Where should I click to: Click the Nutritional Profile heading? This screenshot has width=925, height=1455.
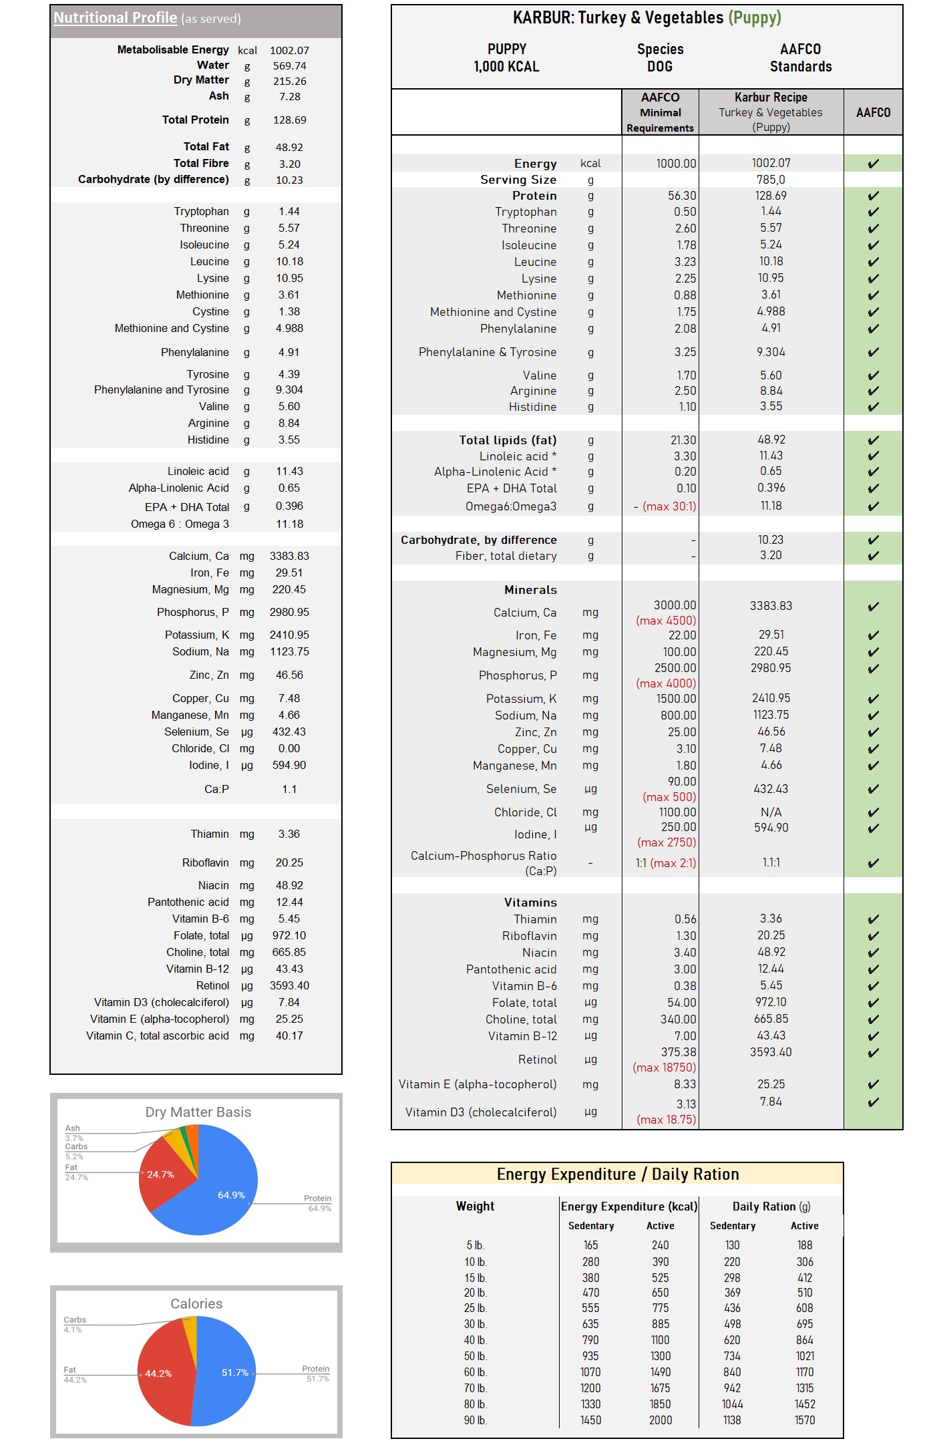(x=116, y=18)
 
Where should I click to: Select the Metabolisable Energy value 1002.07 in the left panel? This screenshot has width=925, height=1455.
(x=289, y=50)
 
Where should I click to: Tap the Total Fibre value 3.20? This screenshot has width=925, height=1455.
(x=289, y=164)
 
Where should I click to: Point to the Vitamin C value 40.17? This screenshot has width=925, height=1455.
(x=289, y=1035)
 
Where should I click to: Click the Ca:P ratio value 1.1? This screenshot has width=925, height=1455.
(x=289, y=789)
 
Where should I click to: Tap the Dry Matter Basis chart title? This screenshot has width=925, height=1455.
(x=198, y=1112)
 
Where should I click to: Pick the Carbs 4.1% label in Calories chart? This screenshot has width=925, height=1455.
(x=74, y=1324)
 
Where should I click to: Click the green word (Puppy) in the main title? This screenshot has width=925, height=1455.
(x=754, y=18)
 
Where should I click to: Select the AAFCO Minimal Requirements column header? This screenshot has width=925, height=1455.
(x=660, y=112)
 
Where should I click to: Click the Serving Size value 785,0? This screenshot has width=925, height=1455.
(x=771, y=180)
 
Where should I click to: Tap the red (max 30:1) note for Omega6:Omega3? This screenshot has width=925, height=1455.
(x=669, y=506)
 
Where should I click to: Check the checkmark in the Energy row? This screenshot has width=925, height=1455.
(x=873, y=164)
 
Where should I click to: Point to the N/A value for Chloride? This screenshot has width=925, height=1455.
(x=771, y=812)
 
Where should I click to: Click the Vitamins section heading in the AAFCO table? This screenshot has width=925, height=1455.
(x=530, y=903)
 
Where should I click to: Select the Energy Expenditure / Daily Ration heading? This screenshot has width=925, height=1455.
(x=618, y=1174)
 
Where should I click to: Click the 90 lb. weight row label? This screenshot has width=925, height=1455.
(x=476, y=1420)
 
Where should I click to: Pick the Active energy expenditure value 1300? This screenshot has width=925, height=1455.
(x=661, y=1356)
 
